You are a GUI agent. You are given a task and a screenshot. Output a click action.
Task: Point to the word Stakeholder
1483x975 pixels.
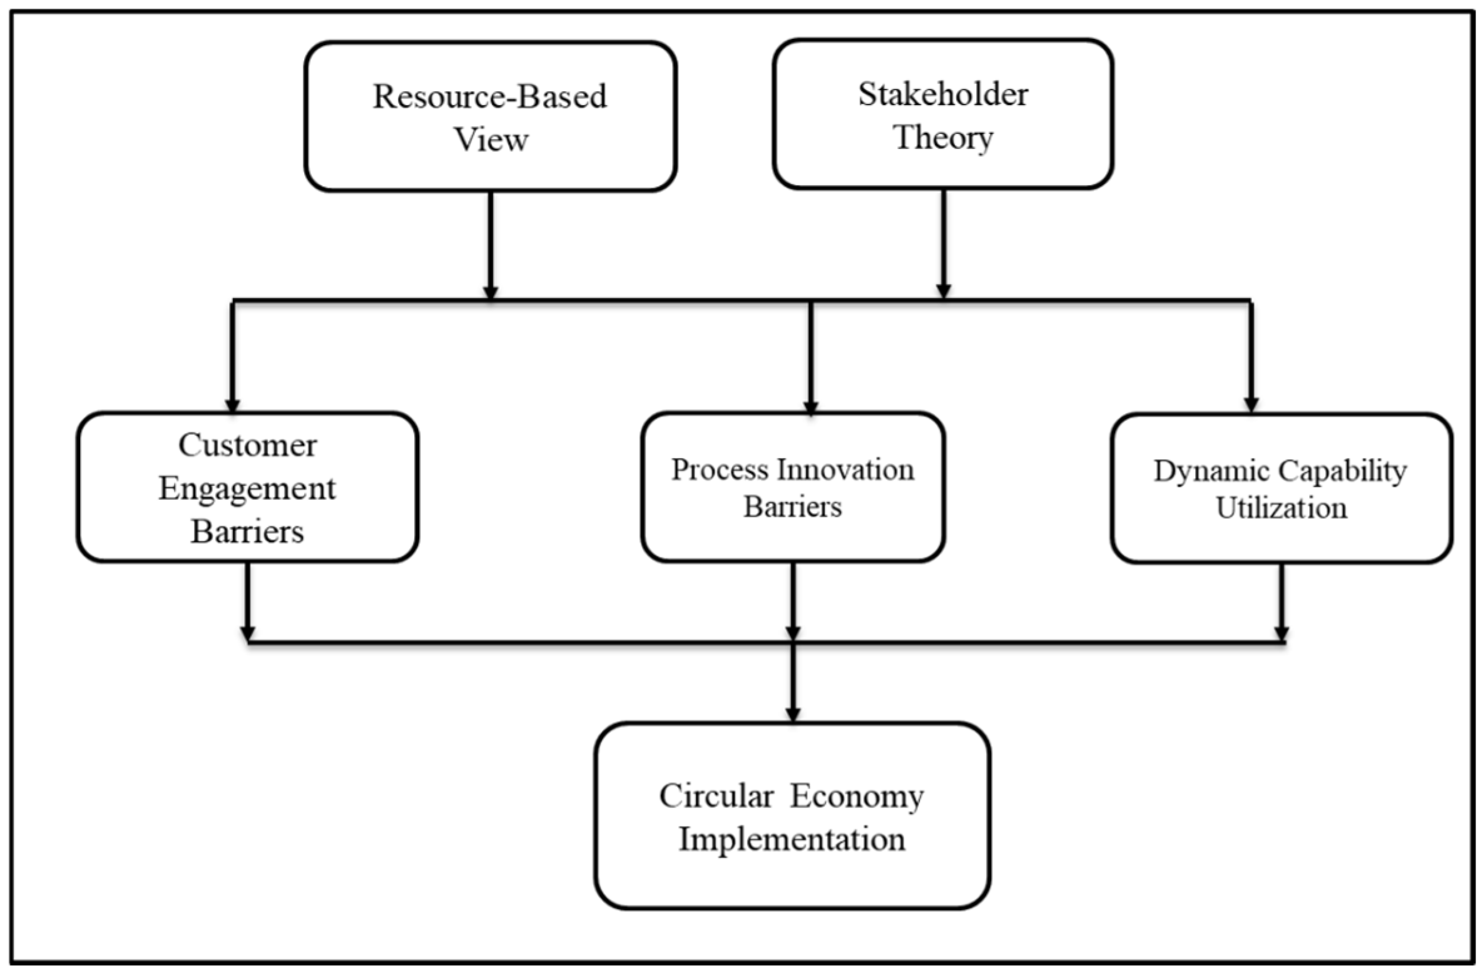coord(942,95)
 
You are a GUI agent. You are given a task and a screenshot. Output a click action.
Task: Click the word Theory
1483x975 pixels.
coord(944,138)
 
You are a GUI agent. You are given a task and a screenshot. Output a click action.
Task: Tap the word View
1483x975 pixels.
coord(491,139)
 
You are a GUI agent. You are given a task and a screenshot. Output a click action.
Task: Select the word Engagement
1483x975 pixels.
coord(247,489)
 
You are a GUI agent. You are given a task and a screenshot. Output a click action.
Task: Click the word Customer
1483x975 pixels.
coord(247,446)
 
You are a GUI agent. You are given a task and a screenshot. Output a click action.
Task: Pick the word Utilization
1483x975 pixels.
coord(1281,508)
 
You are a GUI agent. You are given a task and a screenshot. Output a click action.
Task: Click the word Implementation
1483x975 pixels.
coord(792,839)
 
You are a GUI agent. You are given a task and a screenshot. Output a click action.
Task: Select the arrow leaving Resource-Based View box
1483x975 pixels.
coord(491,244)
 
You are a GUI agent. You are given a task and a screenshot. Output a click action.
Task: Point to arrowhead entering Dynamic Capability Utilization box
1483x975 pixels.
coord(1250,405)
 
